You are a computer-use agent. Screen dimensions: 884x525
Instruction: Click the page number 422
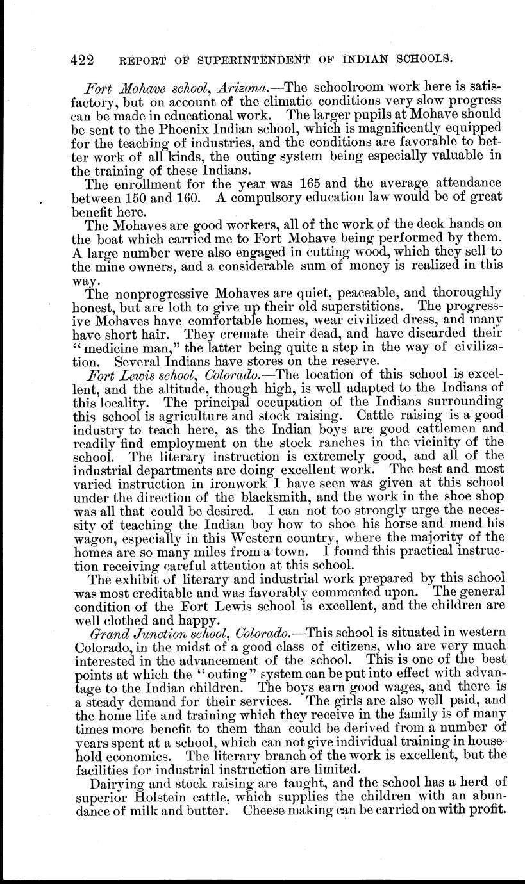click(82, 60)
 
